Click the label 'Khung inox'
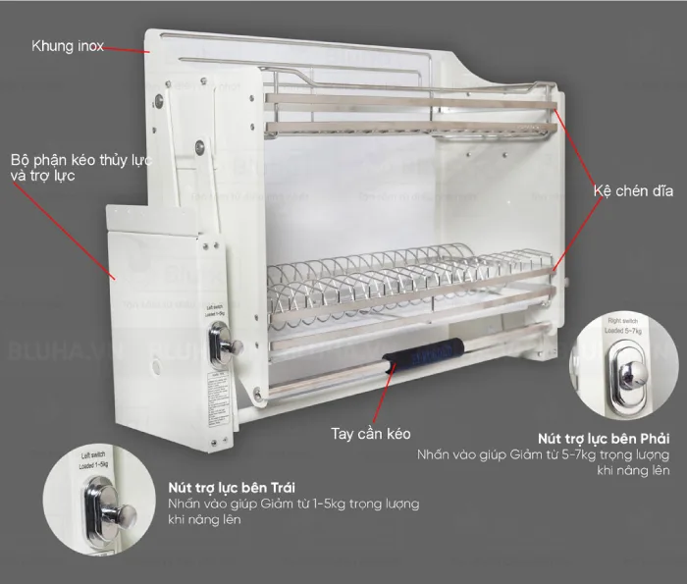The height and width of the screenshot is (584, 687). point(68,46)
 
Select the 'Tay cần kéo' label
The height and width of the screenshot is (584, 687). point(369,433)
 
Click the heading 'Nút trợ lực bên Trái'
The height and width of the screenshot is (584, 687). point(232,487)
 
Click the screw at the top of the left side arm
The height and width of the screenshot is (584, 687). point(157,98)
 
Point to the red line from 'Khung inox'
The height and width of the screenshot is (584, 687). point(128,48)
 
